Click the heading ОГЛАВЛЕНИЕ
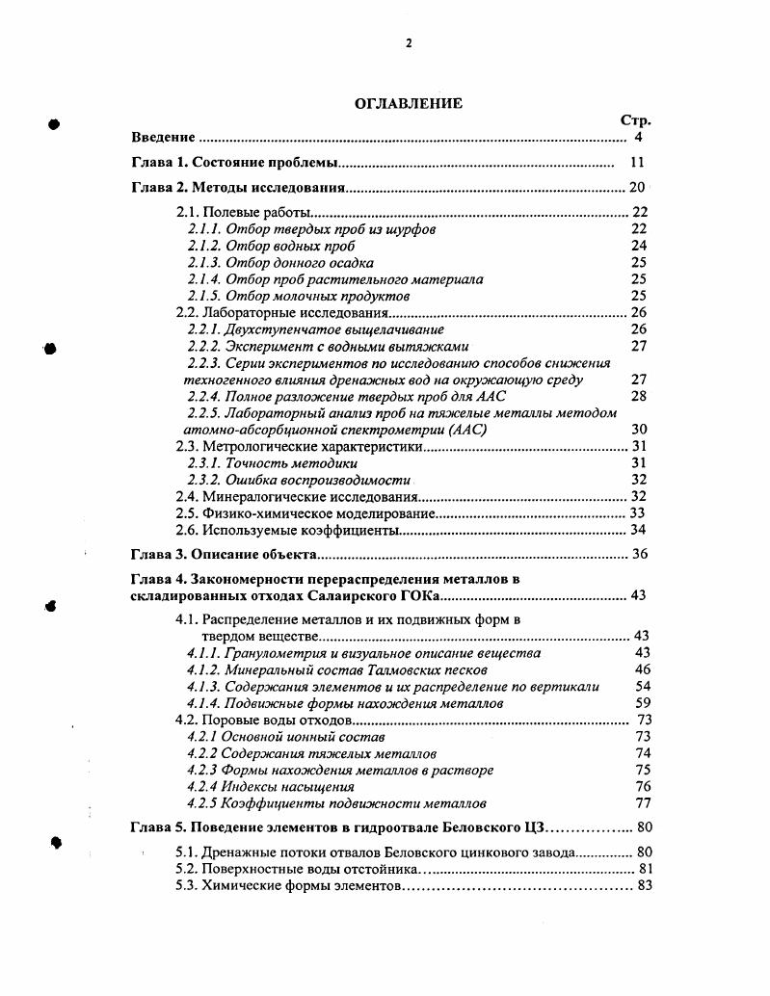[409, 104]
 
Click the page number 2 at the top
[409, 42]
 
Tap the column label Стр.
[635, 121]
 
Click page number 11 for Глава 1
[636, 162]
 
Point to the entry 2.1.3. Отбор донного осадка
[280, 263]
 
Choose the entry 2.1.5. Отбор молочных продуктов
[299, 296]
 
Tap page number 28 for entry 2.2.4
[638, 396]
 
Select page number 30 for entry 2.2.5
[638, 430]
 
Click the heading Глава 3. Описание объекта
[224, 555]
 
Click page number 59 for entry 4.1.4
[644, 703]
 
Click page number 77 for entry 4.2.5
[644, 802]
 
